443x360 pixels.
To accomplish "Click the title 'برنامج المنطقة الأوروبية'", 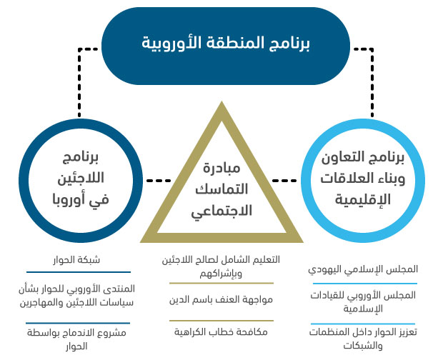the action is pos(226,43).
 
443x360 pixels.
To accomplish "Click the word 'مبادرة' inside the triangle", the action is pos(221,168).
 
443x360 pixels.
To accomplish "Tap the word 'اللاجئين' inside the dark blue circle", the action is pos(81,178).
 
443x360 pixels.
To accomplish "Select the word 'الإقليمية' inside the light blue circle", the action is pos(363,199).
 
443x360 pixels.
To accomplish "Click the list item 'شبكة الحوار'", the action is pos(76,260).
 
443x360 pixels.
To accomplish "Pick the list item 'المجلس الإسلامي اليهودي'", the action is pos(363,269).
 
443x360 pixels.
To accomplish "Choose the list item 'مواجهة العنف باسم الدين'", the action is pos(221,299).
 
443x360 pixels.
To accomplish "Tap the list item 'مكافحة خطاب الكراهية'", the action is pos(221,331).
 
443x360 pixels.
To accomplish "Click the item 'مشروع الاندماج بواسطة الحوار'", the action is pos(76,339).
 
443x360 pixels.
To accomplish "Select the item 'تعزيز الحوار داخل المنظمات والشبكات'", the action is pos(363,339).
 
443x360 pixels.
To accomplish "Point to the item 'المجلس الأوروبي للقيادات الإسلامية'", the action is pos(363,302).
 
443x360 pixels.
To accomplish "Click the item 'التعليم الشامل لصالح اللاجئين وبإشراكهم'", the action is pos(221,266).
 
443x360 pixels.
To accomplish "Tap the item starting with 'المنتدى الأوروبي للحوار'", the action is pos(76,296).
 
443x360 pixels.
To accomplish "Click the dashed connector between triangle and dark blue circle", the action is pos(159,181).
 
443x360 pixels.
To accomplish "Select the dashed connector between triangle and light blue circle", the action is pos(284,181).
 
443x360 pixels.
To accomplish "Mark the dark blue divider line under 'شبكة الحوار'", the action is pos(79,272).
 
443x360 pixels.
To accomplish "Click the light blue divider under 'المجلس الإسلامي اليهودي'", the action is pos(365,284).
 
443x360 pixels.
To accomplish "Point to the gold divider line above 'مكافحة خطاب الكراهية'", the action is pos(221,321).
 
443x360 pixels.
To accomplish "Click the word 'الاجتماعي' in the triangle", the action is pos(221,211).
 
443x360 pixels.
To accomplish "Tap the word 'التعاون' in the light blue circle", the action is pos(342,157).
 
